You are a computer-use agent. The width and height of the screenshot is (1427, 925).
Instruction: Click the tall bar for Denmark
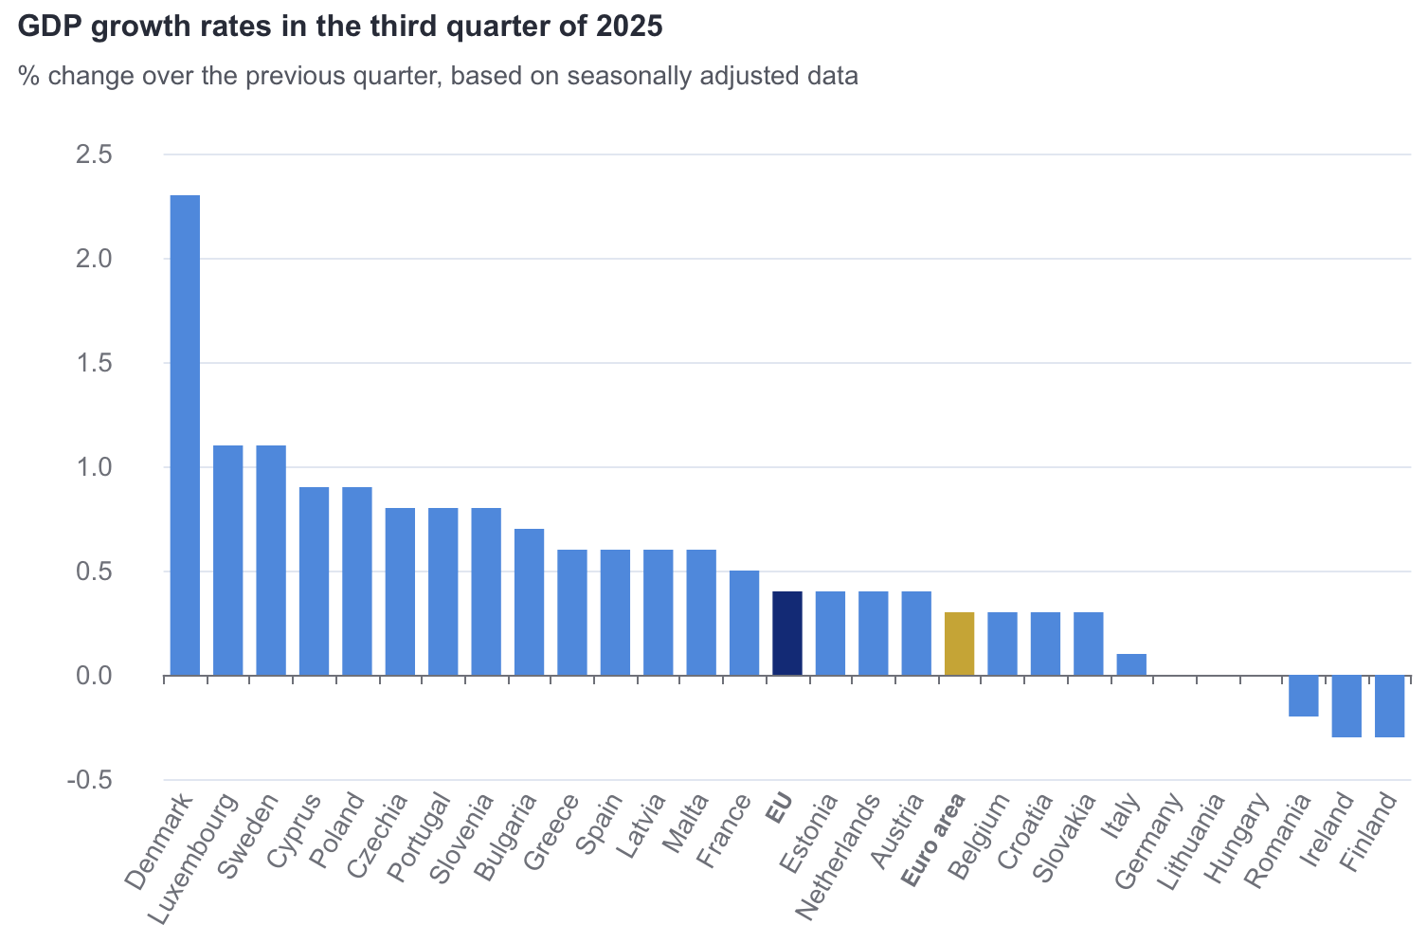tap(185, 436)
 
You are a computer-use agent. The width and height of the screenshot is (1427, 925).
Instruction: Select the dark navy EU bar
tap(787, 633)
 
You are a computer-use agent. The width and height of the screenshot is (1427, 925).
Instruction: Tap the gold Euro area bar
tap(959, 644)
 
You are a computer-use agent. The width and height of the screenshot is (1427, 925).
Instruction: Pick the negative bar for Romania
tap(1304, 696)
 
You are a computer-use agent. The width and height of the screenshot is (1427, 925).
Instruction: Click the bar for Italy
tap(1131, 664)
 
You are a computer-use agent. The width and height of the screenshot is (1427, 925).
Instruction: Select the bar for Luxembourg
tap(227, 560)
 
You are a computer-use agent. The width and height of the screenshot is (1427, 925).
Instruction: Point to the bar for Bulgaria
tap(529, 602)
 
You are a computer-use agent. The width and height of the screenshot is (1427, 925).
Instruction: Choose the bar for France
tap(744, 623)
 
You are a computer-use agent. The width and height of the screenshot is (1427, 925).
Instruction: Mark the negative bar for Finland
tap(1389, 706)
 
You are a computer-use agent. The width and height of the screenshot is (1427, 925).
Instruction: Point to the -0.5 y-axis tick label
tap(89, 780)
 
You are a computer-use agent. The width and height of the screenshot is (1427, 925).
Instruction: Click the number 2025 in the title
tap(629, 27)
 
